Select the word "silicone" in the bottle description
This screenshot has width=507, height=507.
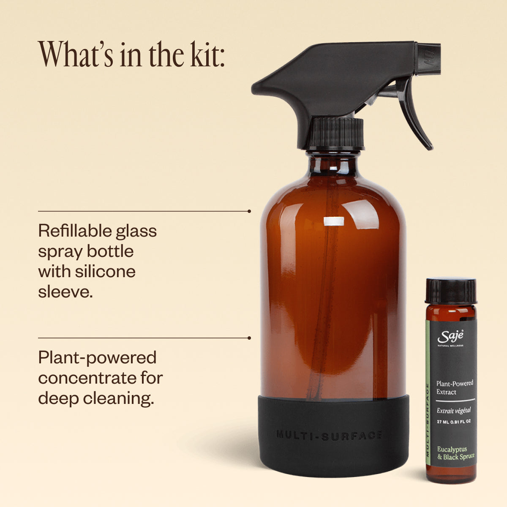click(105, 271)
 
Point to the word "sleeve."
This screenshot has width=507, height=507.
click(65, 292)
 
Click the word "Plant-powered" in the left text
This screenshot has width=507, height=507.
click(97, 358)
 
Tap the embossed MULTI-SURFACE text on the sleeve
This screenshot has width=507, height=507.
click(329, 435)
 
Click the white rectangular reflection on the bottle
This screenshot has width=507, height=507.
click(334, 221)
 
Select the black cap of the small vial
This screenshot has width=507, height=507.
click(450, 291)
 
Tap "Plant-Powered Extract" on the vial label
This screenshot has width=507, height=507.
click(455, 387)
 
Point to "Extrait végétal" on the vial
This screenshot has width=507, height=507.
click(454, 411)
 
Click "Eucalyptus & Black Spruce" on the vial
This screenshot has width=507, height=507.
click(455, 453)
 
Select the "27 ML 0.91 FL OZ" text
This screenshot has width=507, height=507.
click(454, 422)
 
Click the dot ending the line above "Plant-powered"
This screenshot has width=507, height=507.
click(249, 338)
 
